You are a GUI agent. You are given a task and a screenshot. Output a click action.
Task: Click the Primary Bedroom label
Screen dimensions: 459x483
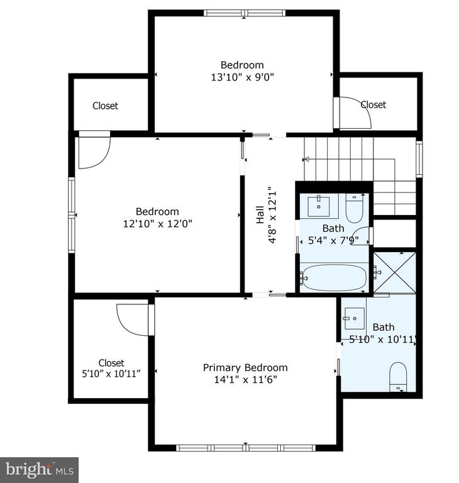point(245,367)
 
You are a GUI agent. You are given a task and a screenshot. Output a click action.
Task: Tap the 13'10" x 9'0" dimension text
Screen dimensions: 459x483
point(243,77)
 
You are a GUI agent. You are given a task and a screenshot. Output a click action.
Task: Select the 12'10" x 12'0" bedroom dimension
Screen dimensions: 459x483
point(157,223)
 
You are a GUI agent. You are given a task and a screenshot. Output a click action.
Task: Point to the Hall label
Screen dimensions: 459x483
point(260,214)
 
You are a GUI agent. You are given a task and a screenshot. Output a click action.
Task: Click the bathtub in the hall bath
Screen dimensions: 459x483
point(334,277)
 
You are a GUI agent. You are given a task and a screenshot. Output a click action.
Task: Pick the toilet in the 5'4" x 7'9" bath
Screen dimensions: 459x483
point(354,208)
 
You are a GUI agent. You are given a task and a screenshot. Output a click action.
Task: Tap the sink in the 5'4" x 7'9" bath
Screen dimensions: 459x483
point(319,206)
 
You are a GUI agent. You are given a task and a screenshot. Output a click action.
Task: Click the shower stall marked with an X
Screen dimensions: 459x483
point(395,272)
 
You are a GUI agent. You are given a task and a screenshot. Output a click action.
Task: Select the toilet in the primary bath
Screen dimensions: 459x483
point(398,377)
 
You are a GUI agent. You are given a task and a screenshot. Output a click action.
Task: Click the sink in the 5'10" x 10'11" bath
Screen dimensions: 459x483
point(355,318)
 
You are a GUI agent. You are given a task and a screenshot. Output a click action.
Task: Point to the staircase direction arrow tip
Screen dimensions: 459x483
point(304,160)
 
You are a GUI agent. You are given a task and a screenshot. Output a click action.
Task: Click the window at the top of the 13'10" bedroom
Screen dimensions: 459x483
point(245,13)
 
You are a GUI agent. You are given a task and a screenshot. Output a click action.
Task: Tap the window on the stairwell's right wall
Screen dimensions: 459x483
point(419,159)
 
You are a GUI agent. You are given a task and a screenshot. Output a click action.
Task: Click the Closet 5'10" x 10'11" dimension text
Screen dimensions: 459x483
point(111,374)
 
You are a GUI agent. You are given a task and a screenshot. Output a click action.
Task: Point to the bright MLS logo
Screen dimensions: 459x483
point(40,470)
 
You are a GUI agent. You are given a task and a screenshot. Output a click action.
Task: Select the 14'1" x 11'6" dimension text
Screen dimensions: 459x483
point(245,379)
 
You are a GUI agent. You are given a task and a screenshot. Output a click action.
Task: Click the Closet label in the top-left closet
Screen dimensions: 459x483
point(105,106)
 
